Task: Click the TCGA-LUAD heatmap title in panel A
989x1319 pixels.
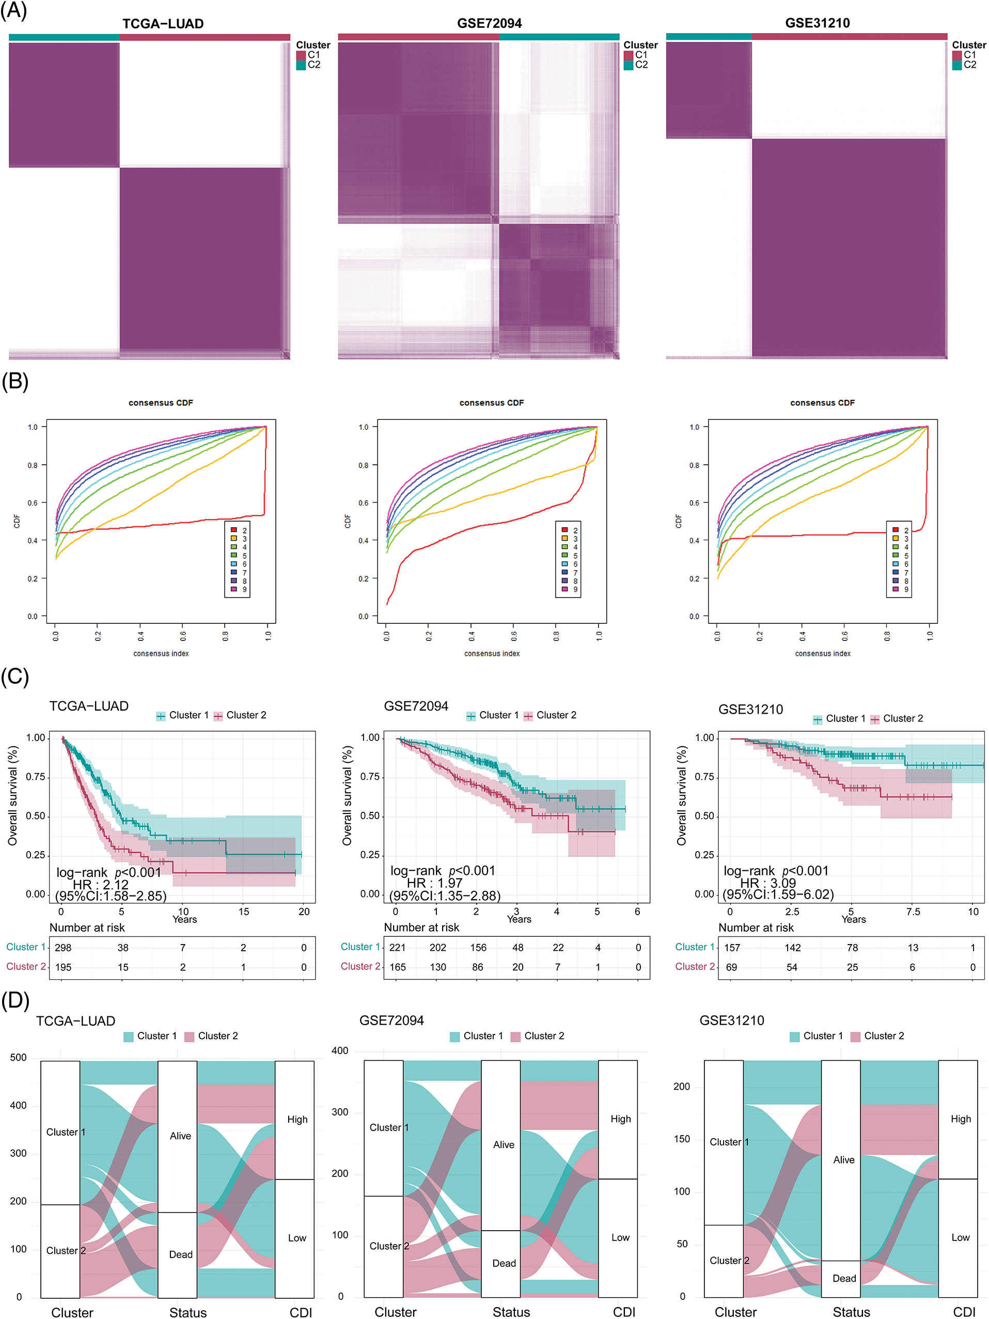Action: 163,24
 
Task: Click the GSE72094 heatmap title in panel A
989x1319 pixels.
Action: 489,23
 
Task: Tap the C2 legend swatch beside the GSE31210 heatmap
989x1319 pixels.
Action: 956,65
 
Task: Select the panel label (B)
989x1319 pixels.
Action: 15,382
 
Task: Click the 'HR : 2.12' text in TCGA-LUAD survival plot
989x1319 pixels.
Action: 100,884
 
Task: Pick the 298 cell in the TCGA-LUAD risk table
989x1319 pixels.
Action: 62,948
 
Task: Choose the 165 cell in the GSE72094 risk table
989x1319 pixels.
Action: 398,967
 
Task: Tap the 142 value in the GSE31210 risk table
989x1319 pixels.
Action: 792,948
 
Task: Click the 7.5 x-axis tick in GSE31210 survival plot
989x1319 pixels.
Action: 912,912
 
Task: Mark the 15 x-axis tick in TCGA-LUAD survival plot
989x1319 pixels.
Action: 243,912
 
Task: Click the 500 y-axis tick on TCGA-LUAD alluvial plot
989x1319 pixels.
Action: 19,1058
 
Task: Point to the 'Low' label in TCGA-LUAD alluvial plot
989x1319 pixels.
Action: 297,1238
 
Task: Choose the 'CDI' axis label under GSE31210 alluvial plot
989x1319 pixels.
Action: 964,1312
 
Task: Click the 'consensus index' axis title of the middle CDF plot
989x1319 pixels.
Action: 492,653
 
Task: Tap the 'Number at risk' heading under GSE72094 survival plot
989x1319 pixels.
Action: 421,927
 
